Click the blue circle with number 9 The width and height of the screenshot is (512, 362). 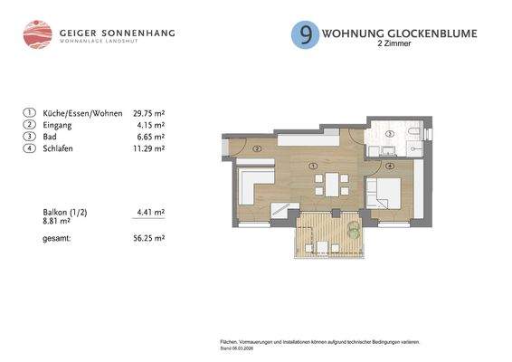pos(305,35)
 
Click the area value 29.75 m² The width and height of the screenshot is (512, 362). pos(148,114)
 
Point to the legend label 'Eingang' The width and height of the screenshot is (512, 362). pos(58,125)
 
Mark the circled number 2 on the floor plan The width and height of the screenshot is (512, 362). pos(258,148)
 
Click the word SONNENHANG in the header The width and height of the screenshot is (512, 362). pos(141,33)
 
